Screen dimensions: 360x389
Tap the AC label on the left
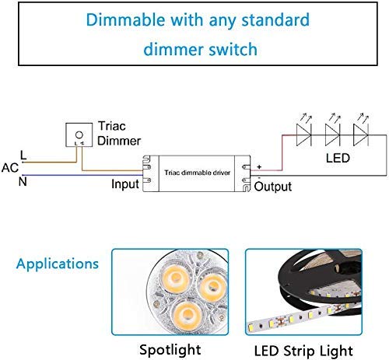10,168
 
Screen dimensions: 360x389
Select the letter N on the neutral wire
23,182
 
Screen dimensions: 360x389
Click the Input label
124,184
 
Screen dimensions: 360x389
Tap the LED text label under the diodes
336,158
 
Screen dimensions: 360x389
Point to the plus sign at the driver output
260,165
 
